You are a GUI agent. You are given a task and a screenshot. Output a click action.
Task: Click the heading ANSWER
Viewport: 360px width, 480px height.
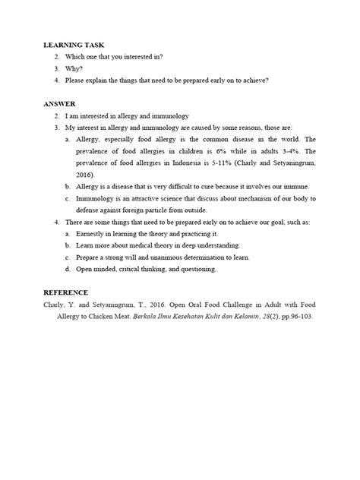[59, 103]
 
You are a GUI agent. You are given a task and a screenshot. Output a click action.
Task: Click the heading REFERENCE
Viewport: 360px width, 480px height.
[67, 292]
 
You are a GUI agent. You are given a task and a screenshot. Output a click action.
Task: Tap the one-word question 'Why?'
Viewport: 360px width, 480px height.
[74, 68]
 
